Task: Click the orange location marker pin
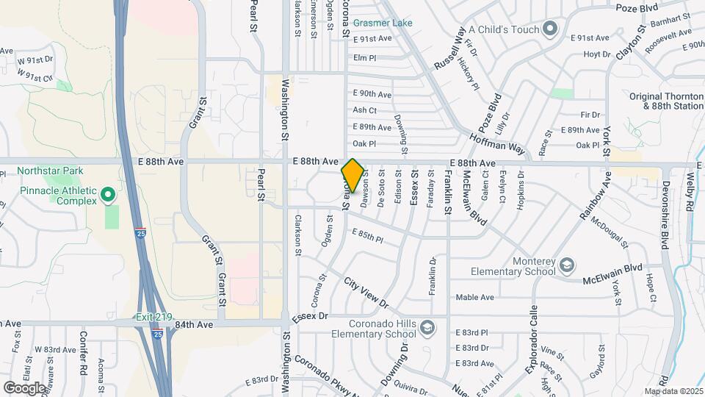pos(352,176)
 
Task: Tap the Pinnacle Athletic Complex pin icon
pos(108,195)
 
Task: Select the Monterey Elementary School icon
pos(567,264)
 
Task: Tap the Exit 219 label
pos(153,318)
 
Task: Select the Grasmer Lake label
pos(382,23)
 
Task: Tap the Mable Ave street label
pos(475,297)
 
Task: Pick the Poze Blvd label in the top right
pos(637,8)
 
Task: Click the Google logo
pos(24,387)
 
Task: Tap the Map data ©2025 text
pos(673,391)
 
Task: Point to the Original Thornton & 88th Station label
pos(666,101)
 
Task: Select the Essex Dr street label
pos(308,318)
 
